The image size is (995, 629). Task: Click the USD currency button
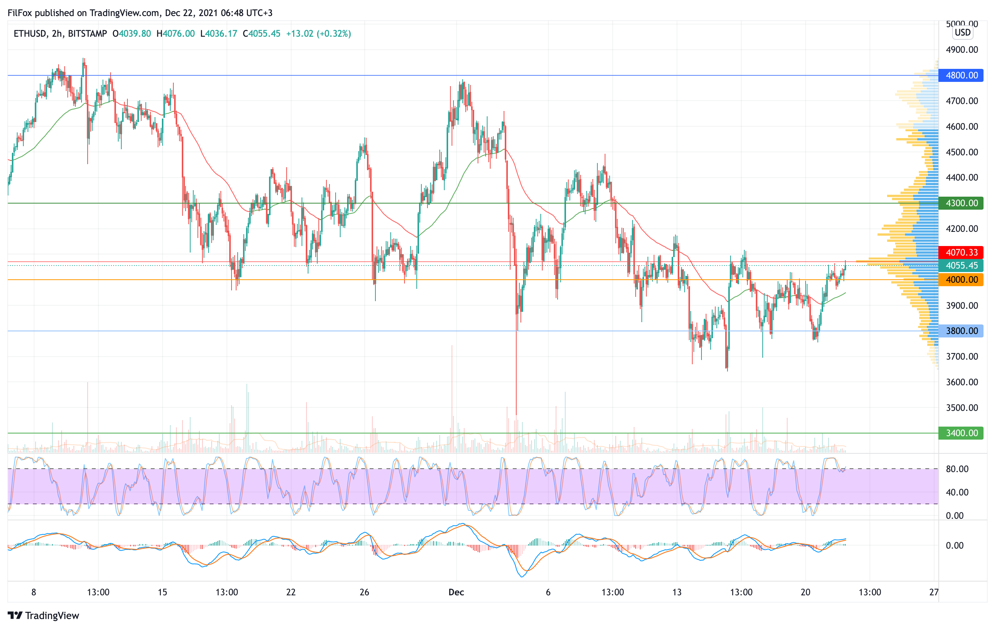(x=962, y=32)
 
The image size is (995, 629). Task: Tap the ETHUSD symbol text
(x=30, y=33)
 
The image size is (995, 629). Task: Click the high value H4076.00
(x=176, y=33)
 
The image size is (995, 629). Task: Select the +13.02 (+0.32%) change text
(x=318, y=33)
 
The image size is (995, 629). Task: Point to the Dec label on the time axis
(x=456, y=592)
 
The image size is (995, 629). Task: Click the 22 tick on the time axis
(x=291, y=592)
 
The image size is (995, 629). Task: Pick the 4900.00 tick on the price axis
(x=962, y=50)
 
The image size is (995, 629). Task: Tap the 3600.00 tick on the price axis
(x=962, y=382)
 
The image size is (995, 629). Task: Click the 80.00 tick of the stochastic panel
(x=957, y=469)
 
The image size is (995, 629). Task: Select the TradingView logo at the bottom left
(x=43, y=615)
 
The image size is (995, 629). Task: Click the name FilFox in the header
(x=20, y=13)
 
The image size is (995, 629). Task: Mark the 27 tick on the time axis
(x=933, y=592)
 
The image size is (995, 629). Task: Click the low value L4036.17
(x=219, y=33)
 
